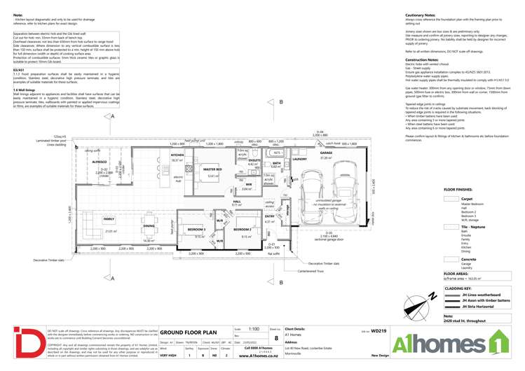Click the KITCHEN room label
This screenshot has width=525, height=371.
[x=177, y=155]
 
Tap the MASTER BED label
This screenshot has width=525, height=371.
[x=212, y=169]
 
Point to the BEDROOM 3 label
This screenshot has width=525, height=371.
[x=196, y=229]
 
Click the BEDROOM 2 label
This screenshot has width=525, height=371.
[x=243, y=229]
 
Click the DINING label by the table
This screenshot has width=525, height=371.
[x=149, y=225]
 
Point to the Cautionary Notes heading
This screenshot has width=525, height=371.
[x=424, y=14]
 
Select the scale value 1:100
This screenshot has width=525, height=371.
[x=254, y=328]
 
